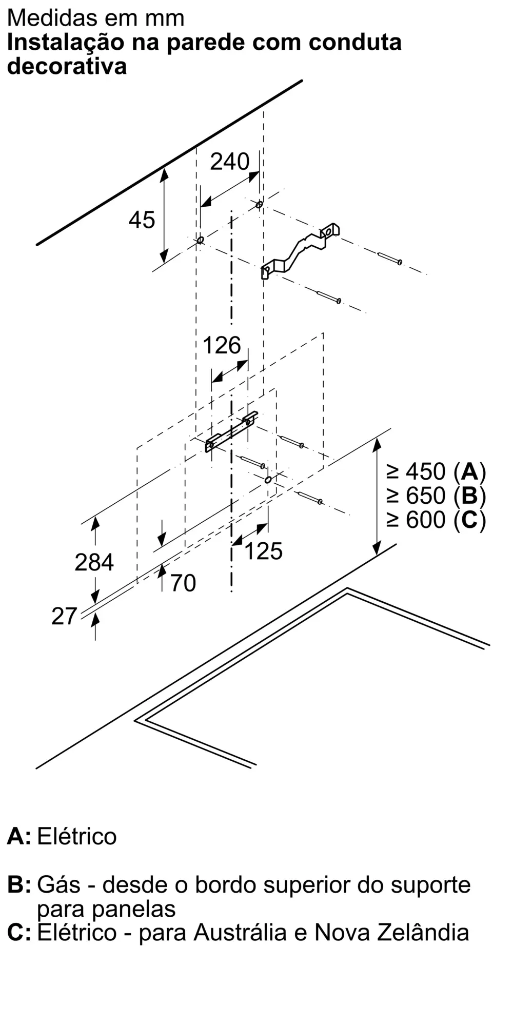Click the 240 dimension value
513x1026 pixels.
point(230,162)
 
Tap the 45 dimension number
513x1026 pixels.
point(142,220)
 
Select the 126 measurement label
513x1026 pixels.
point(222,345)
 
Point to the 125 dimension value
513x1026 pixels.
point(264,551)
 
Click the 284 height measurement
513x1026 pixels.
point(94,562)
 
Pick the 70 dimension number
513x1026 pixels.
point(183,583)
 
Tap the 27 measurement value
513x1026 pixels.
point(64,616)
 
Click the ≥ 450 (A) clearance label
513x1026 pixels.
point(436,471)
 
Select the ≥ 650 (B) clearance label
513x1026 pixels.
point(436,496)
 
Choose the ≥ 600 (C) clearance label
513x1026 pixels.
point(436,520)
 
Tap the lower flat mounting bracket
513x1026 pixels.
point(231,431)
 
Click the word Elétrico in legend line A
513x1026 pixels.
point(77,837)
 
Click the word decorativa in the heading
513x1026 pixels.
point(67,67)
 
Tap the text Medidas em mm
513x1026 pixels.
point(96,18)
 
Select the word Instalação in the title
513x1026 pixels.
point(66,42)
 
